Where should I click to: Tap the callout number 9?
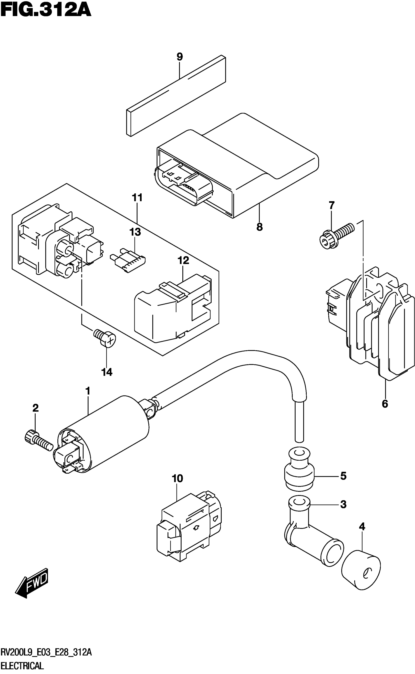(x=179, y=57)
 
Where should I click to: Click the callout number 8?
(x=259, y=227)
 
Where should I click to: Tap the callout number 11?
(x=137, y=197)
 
